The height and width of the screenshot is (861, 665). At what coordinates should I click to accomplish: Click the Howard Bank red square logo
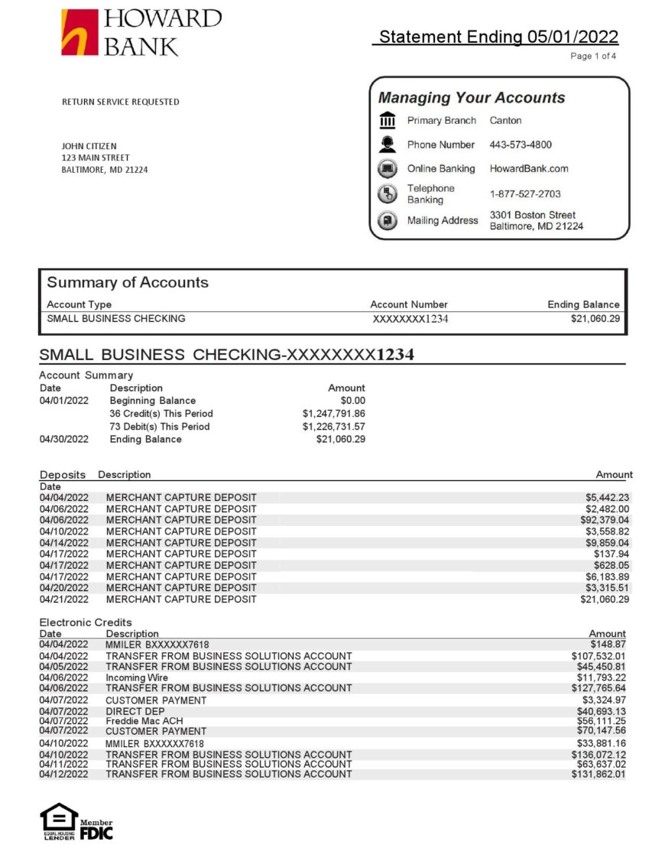[x=79, y=32]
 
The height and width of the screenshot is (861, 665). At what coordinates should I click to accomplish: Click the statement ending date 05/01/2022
[x=572, y=37]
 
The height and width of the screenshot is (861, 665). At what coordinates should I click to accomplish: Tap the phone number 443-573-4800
[x=521, y=145]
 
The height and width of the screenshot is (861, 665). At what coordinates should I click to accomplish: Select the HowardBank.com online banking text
[x=529, y=169]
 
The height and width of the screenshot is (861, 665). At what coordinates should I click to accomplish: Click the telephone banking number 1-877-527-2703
[x=525, y=194]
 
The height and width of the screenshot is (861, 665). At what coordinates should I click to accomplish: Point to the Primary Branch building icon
[x=388, y=120]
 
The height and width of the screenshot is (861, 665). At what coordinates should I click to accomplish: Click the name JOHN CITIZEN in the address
[x=89, y=146]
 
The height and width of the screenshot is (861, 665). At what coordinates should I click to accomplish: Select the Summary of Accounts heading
[x=128, y=282]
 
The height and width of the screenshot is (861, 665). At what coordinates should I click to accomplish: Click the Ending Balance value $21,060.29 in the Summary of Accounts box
[x=595, y=319]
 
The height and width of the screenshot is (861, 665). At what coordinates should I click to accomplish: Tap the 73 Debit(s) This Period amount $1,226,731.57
[x=333, y=427]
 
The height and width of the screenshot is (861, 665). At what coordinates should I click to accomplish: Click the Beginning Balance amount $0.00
[x=352, y=401]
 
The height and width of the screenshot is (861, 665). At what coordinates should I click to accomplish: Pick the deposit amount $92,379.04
[x=605, y=520]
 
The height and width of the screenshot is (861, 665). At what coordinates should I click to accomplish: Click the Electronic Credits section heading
[x=86, y=622]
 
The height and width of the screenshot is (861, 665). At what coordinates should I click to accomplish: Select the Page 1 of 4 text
[x=593, y=56]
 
